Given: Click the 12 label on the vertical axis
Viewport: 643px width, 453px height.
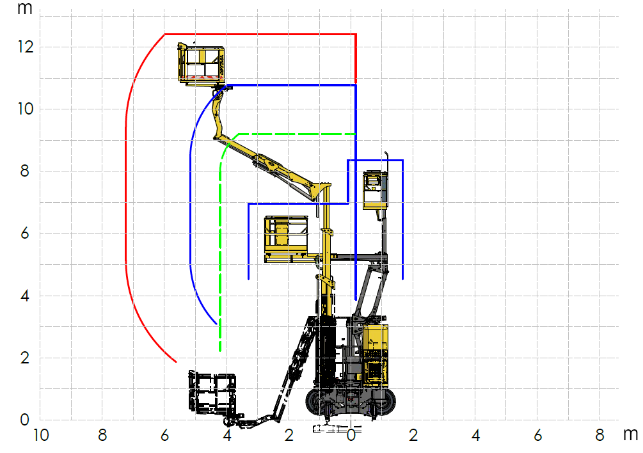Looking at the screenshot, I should tap(26, 47).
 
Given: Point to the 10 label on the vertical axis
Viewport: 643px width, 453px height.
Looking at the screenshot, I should tap(26, 109).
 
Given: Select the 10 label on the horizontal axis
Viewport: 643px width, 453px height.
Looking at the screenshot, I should tap(40, 436).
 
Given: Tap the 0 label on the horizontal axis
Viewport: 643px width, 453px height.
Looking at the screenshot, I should tap(351, 436).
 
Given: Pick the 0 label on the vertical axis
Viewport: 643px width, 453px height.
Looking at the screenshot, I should tap(26, 420).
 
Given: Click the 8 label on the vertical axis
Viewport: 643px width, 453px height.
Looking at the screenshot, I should tap(26, 171).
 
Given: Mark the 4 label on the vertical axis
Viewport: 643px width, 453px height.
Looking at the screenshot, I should tap(26, 296).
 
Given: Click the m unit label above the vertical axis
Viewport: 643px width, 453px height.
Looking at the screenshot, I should tap(25, 9).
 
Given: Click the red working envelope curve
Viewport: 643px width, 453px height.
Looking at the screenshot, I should tap(126, 192).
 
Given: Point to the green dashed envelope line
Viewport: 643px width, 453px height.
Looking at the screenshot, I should tap(220, 256).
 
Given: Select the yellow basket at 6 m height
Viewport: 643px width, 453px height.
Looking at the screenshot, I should tap(286, 239).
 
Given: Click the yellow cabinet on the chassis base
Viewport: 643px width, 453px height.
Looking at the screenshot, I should tap(376, 352).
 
